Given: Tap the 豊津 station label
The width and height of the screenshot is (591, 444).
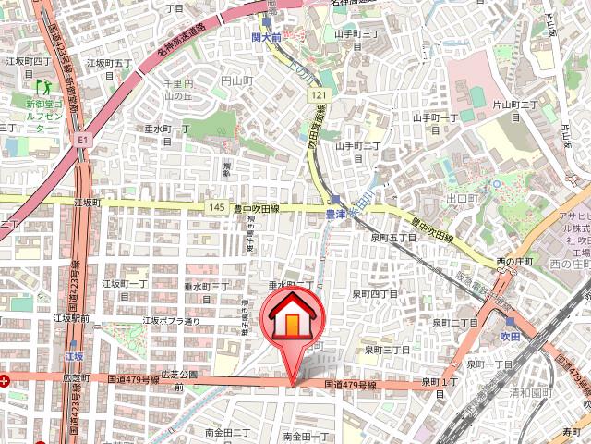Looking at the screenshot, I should click(335, 214).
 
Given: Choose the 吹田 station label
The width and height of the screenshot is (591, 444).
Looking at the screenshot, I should click(511, 335).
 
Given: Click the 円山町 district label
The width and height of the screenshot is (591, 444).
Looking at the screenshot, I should click(237, 81).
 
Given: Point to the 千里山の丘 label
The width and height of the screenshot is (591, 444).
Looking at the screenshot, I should click(176, 90).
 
